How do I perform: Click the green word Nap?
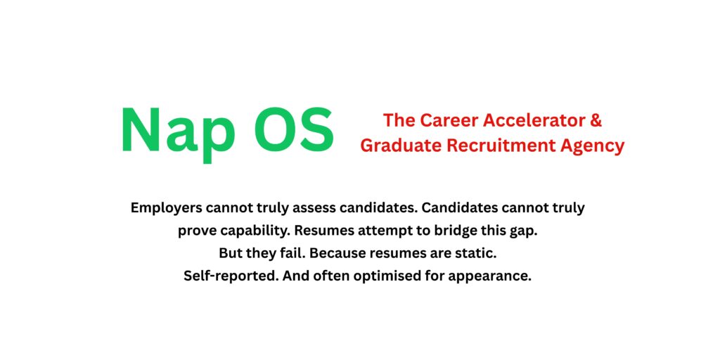176,131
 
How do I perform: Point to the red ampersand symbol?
596,120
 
